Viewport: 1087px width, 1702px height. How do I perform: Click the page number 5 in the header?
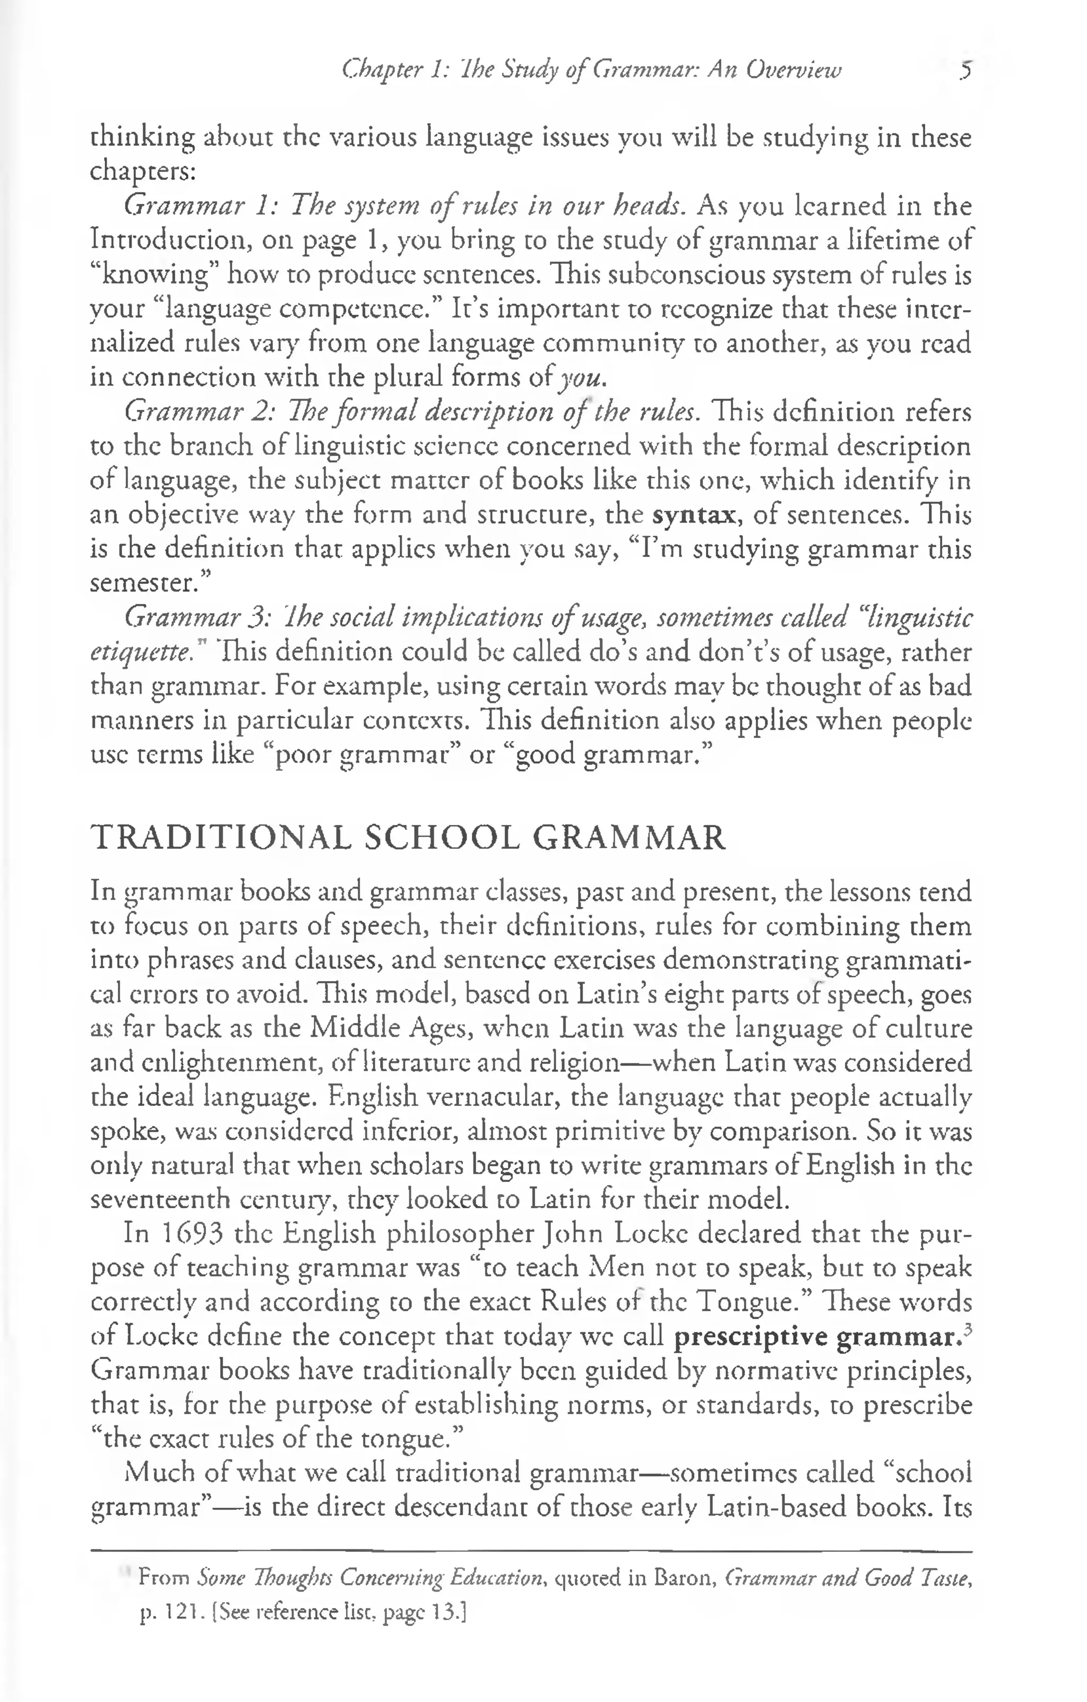coord(966,71)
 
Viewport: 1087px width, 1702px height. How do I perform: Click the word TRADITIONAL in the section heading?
coord(221,838)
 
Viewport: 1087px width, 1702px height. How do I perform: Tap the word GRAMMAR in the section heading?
coord(629,838)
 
